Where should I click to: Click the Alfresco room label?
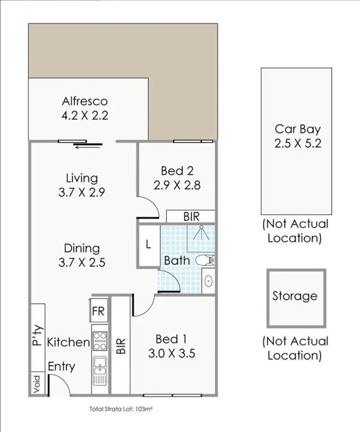click(x=84, y=101)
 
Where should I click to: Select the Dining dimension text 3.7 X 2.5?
click(x=82, y=262)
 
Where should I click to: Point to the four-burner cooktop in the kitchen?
click(x=99, y=340)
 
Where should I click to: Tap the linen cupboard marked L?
click(x=148, y=244)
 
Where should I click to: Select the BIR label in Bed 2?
click(x=191, y=217)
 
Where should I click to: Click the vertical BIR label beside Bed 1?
click(x=121, y=345)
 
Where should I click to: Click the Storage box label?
click(x=295, y=296)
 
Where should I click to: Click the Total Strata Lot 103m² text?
click(x=121, y=409)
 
